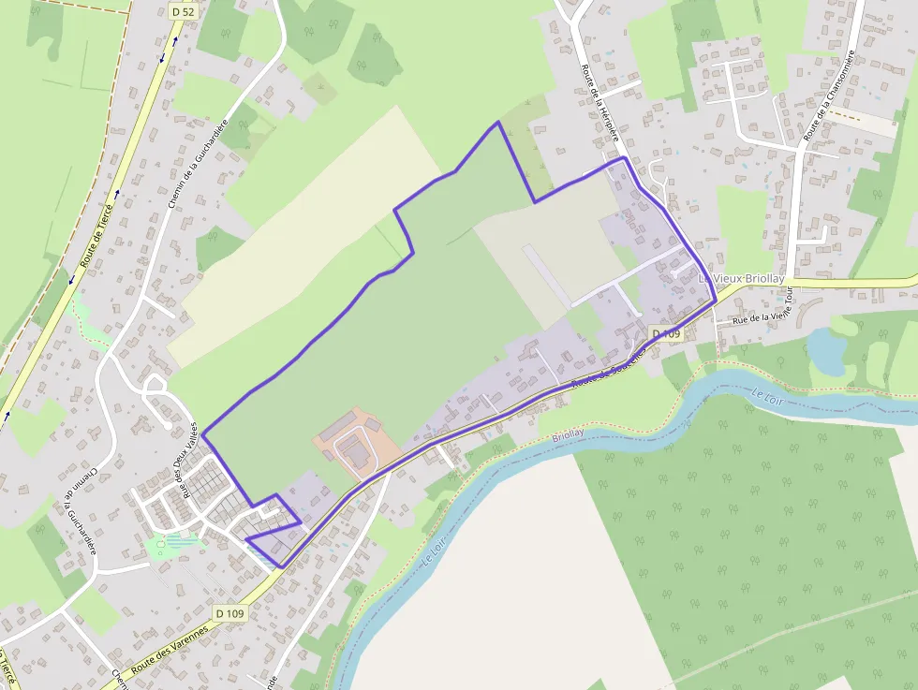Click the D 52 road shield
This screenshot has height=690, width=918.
point(185,11)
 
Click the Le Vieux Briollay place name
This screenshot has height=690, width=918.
point(742,279)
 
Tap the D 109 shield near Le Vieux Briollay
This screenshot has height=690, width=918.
point(665,333)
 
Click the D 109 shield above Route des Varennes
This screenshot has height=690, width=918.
point(229,613)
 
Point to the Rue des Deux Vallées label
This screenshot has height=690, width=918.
point(187,460)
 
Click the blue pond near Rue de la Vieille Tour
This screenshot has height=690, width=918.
point(825,349)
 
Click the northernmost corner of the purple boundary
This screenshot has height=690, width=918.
point(497,122)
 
